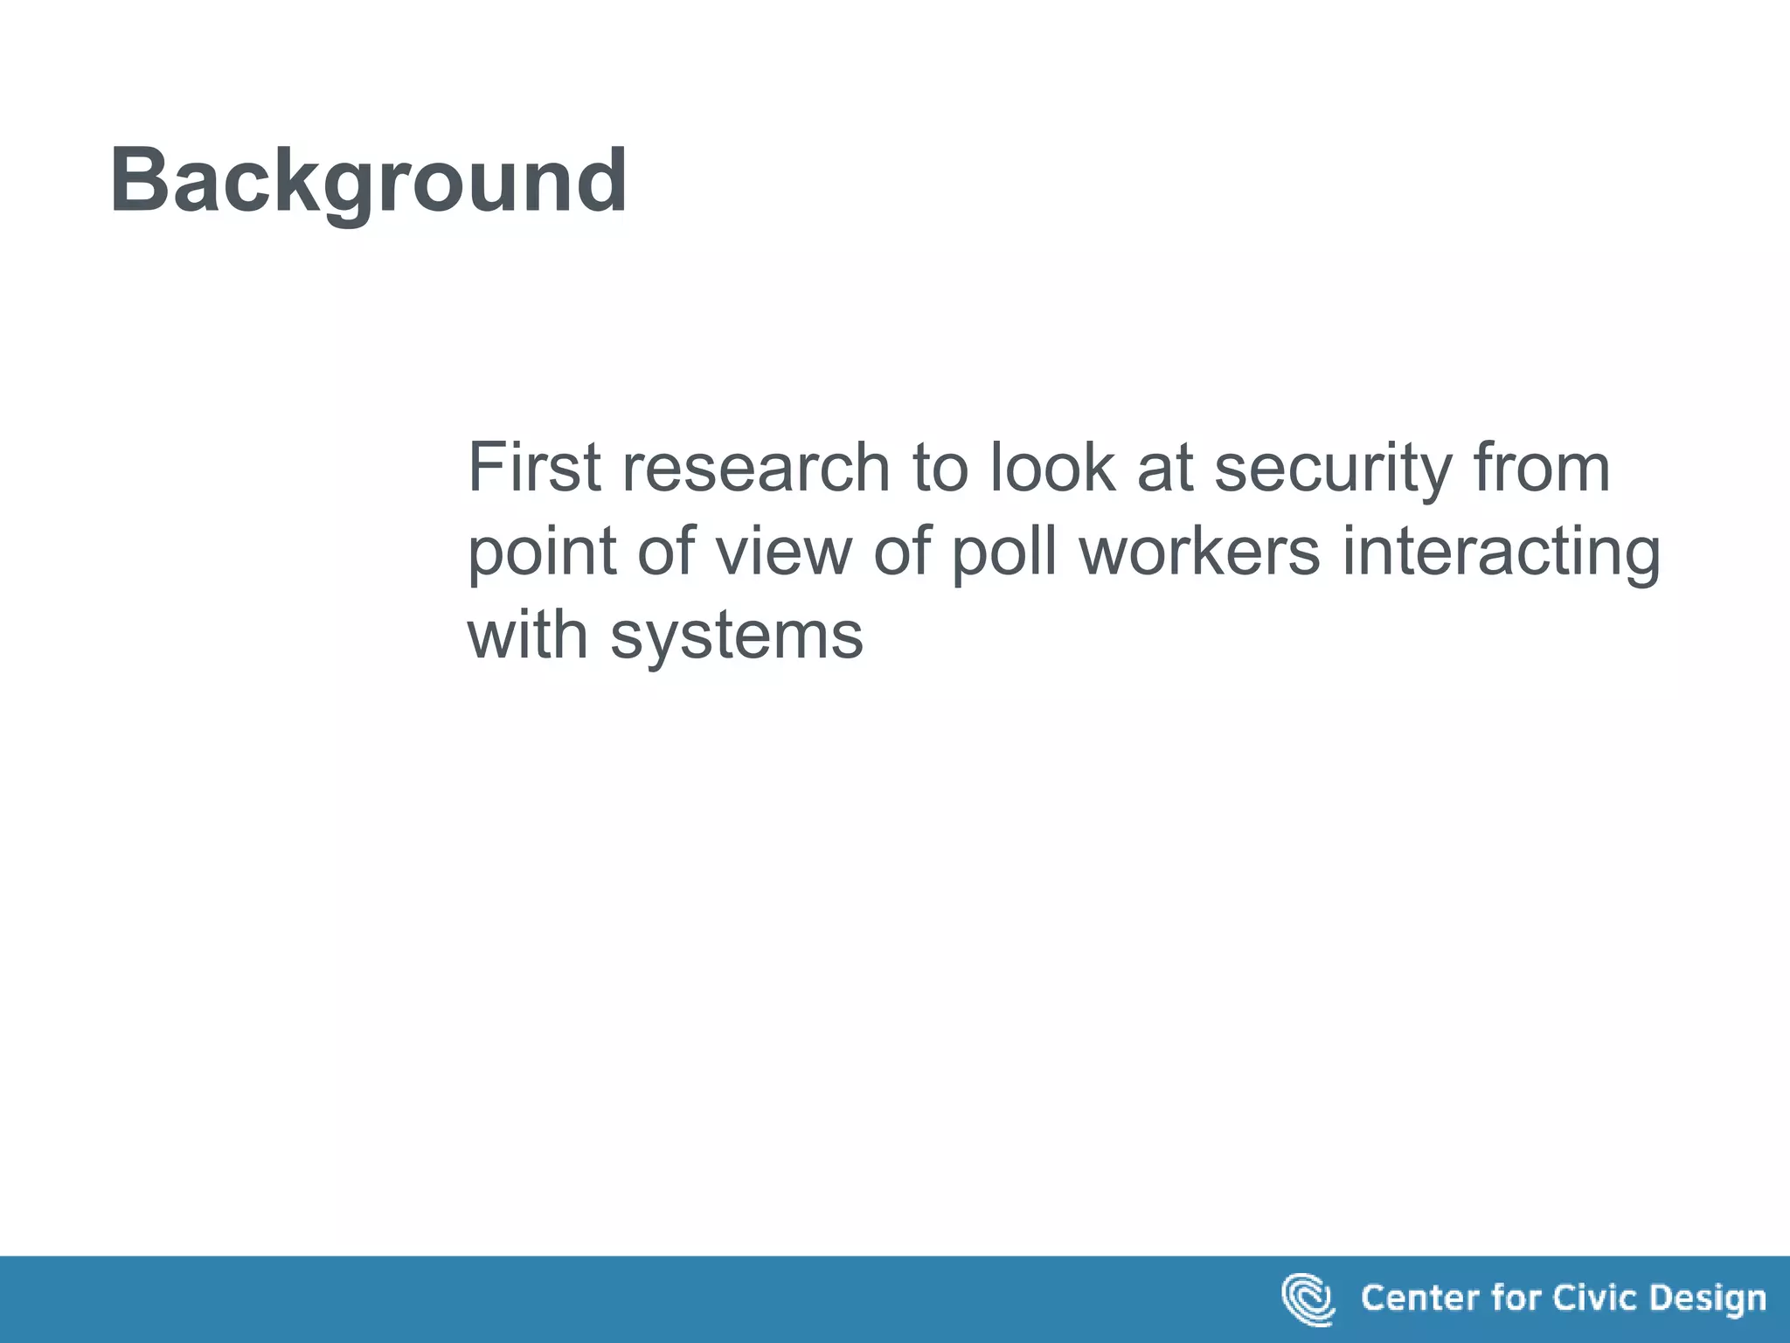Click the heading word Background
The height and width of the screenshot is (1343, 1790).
coord(368,181)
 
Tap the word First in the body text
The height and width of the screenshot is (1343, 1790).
coord(534,468)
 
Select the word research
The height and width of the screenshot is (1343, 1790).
coord(756,468)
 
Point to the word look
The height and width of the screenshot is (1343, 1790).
coord(1052,468)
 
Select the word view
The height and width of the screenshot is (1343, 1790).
coord(783,553)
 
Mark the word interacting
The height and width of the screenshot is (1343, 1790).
coord(1501,553)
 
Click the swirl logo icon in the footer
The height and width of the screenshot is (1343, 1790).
coord(1308,1299)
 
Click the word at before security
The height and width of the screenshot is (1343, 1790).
coord(1164,468)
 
